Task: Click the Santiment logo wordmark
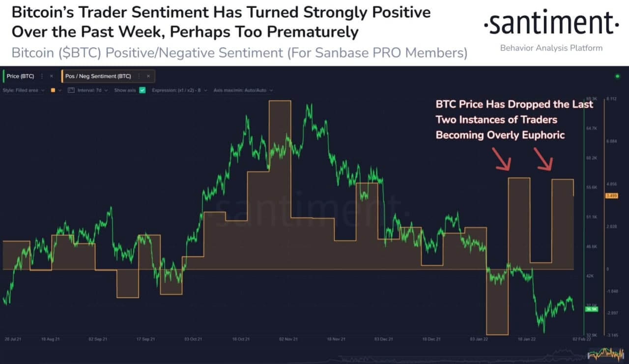(x=550, y=24)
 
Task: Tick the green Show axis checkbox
(x=143, y=90)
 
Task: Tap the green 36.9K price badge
(x=591, y=309)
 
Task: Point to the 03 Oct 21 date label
(x=193, y=339)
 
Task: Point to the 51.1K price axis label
(x=591, y=217)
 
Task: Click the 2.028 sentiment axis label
(x=612, y=226)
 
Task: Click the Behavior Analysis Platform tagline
(x=550, y=48)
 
